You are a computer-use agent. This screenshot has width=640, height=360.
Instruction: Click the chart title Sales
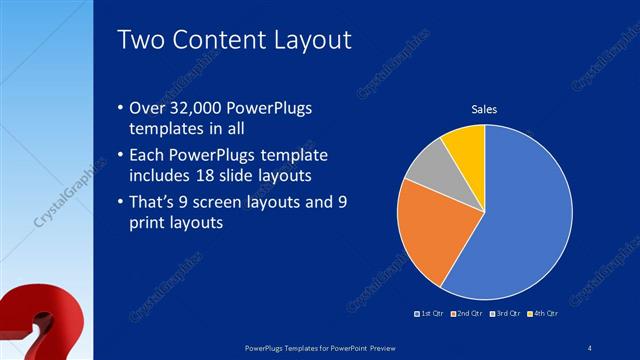coord(484,109)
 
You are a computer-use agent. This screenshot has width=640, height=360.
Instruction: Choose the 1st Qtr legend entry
coord(432,313)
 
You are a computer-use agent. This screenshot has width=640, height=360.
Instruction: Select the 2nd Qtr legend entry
coord(467,313)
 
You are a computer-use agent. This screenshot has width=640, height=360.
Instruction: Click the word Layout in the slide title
coord(310,40)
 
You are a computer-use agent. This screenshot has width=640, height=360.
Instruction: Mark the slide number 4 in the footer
coord(590,347)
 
